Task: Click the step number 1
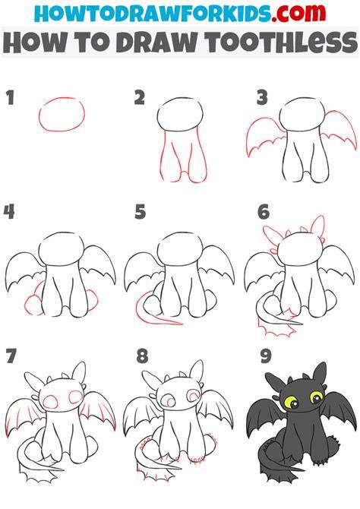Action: pyautogui.click(x=11, y=98)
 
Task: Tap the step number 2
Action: pyautogui.click(x=139, y=98)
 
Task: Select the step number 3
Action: pyautogui.click(x=262, y=98)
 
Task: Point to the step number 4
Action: pyautogui.click(x=9, y=212)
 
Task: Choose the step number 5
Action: pyautogui.click(x=141, y=212)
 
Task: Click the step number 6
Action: pyautogui.click(x=264, y=212)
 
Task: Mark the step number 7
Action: pyautogui.click(x=11, y=356)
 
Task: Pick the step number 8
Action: pyautogui.click(x=142, y=356)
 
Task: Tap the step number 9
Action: pyautogui.click(x=266, y=356)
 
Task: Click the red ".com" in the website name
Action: pyautogui.click(x=299, y=13)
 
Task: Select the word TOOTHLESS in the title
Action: pyautogui.click(x=282, y=43)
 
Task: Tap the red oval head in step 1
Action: pyautogui.click(x=62, y=131)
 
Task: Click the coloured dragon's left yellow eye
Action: pyautogui.click(x=289, y=401)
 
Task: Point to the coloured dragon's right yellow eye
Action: pyautogui.click(x=316, y=397)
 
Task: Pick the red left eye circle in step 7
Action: pyautogui.click(x=49, y=401)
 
